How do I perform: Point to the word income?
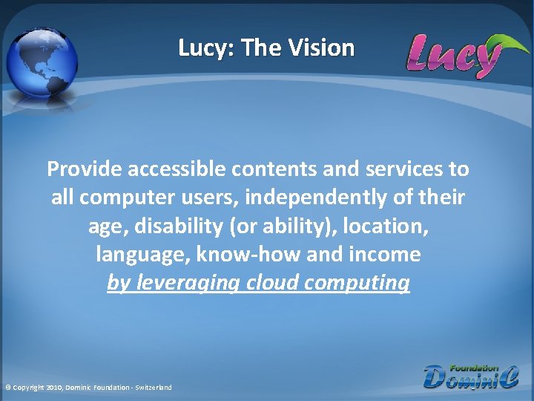click(x=386, y=255)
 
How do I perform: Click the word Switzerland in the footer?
click(x=154, y=388)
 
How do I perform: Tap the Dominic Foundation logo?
click(x=471, y=376)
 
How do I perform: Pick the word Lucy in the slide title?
click(x=205, y=48)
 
